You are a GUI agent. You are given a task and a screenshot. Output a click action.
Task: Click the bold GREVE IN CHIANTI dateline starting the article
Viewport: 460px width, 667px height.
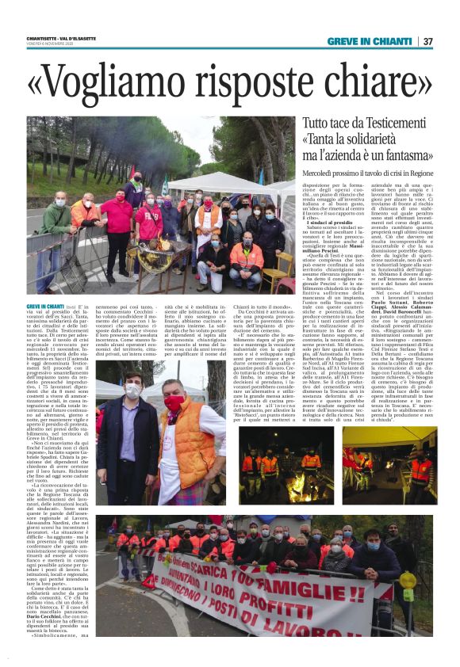(45, 304)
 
